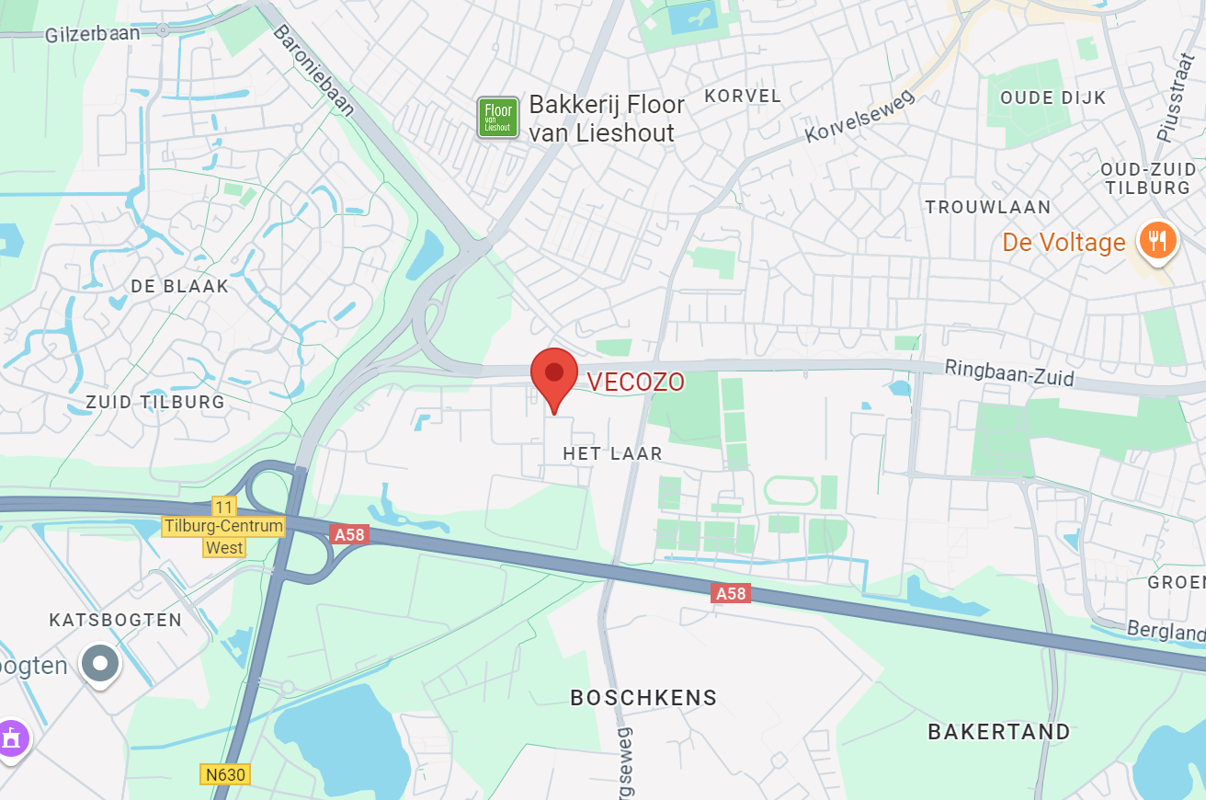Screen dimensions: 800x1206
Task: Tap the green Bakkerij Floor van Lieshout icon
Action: [x=498, y=119]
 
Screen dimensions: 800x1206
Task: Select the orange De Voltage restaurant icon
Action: [x=1155, y=242]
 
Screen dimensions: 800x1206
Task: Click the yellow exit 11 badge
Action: [x=223, y=507]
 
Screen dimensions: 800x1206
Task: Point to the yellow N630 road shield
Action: [x=225, y=774]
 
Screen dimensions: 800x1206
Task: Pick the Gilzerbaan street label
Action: [x=92, y=34]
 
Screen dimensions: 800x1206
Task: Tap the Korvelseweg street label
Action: [x=860, y=116]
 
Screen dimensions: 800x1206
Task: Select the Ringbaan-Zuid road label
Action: [x=1009, y=373]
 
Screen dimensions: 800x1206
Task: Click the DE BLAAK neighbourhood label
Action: [x=179, y=286]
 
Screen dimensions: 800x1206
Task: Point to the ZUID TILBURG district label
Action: [x=154, y=402]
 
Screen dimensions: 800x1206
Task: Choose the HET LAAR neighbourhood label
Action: [x=612, y=453]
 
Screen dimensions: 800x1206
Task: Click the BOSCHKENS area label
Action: [x=643, y=698]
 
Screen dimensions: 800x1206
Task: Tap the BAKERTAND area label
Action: [x=999, y=732]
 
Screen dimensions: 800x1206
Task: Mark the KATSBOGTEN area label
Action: [x=116, y=620]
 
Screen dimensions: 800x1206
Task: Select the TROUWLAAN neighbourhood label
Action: [x=987, y=207]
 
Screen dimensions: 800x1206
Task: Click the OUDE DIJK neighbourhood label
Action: [x=1052, y=97]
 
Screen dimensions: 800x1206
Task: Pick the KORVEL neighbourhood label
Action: [x=743, y=96]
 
